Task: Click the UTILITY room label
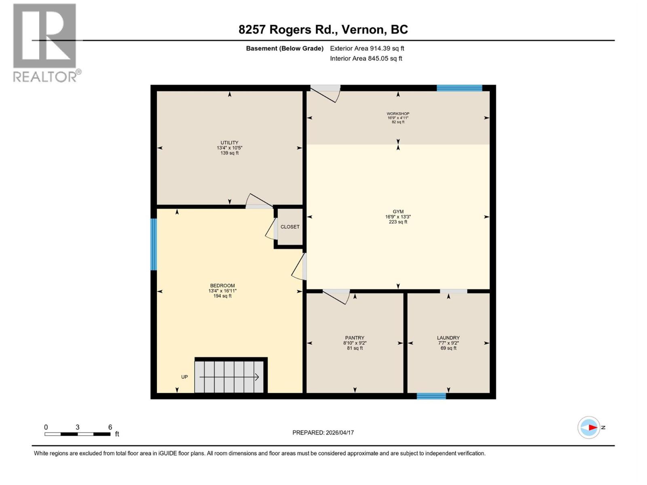point(229,143)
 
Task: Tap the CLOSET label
point(290,227)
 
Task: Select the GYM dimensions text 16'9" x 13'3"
point(398,217)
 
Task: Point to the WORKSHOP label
point(398,114)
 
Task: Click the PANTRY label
point(355,337)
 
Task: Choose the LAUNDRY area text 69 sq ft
point(448,348)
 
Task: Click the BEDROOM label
point(222,285)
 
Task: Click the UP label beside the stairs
point(184,377)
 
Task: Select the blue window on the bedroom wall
point(154,244)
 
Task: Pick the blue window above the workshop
point(459,88)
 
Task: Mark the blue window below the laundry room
point(431,396)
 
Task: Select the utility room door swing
point(258,201)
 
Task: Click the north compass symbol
point(589,427)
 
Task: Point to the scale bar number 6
point(110,427)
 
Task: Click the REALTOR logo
point(45,42)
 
